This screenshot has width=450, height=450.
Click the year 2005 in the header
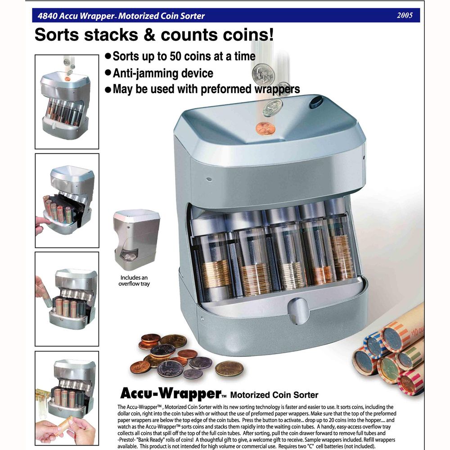click(x=405, y=15)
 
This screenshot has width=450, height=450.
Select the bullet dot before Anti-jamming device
click(x=108, y=72)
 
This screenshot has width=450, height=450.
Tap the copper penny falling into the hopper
click(x=265, y=128)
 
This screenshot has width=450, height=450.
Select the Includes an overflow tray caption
click(x=134, y=281)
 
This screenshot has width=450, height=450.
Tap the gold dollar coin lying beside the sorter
click(x=229, y=369)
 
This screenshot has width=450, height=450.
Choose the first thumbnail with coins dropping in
click(x=67, y=102)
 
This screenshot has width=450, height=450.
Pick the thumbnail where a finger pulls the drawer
click(x=67, y=200)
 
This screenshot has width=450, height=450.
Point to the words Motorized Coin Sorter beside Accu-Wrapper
click(x=274, y=396)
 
